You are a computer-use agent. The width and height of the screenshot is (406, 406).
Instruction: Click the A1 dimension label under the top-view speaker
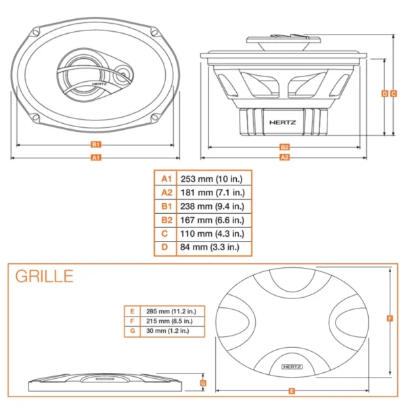click(95, 157)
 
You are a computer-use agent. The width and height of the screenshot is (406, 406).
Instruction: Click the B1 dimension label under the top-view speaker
click(95, 144)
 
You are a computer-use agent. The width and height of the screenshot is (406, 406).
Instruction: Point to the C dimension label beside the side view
click(393, 93)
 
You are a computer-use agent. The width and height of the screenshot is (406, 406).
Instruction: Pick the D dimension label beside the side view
click(384, 93)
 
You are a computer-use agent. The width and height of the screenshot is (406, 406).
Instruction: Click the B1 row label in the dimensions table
click(165, 206)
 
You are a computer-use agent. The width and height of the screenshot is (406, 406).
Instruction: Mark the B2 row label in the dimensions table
click(165, 220)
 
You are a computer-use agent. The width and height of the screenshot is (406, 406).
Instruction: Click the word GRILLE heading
click(44, 276)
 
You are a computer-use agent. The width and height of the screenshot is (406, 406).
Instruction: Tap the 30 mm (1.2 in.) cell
click(166, 331)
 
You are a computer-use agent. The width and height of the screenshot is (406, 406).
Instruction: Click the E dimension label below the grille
click(291, 390)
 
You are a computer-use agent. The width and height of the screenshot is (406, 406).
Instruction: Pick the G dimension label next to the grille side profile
click(204, 383)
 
